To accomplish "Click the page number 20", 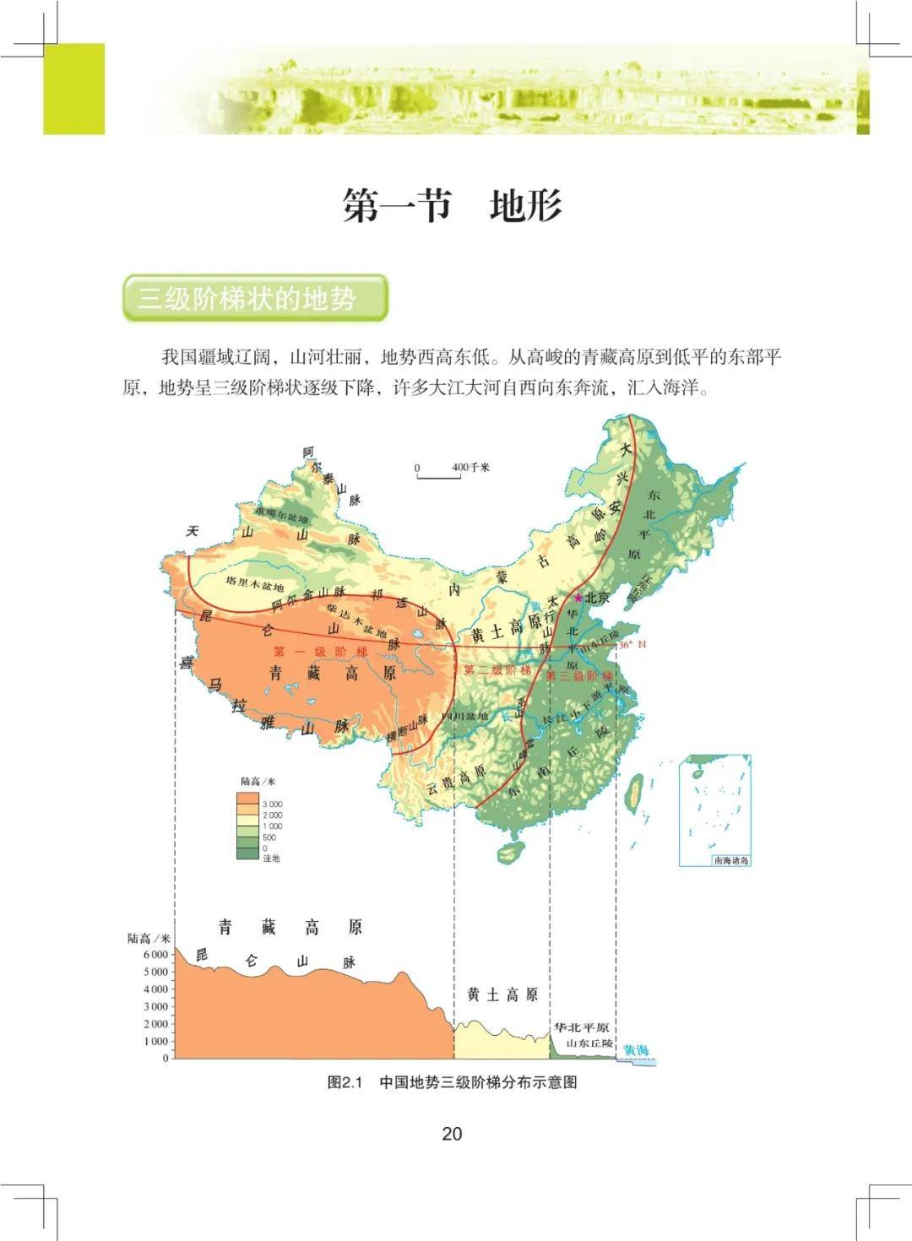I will coord(452,1133).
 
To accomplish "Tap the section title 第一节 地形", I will coord(452,206).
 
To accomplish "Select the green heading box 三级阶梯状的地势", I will coord(254,298).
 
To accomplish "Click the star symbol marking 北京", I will coord(578,598).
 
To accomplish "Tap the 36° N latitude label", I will coord(632,644).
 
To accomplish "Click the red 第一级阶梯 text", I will coord(321,652).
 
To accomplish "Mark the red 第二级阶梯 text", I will coord(497,670).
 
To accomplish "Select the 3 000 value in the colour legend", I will coord(272,805).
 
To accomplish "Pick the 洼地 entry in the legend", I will coord(271,859).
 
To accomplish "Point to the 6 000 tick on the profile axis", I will coord(155,954).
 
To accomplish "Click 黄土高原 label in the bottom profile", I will coord(502,994).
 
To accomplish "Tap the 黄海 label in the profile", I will coord(636,1050).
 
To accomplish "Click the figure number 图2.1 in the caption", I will coord(345,1082).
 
